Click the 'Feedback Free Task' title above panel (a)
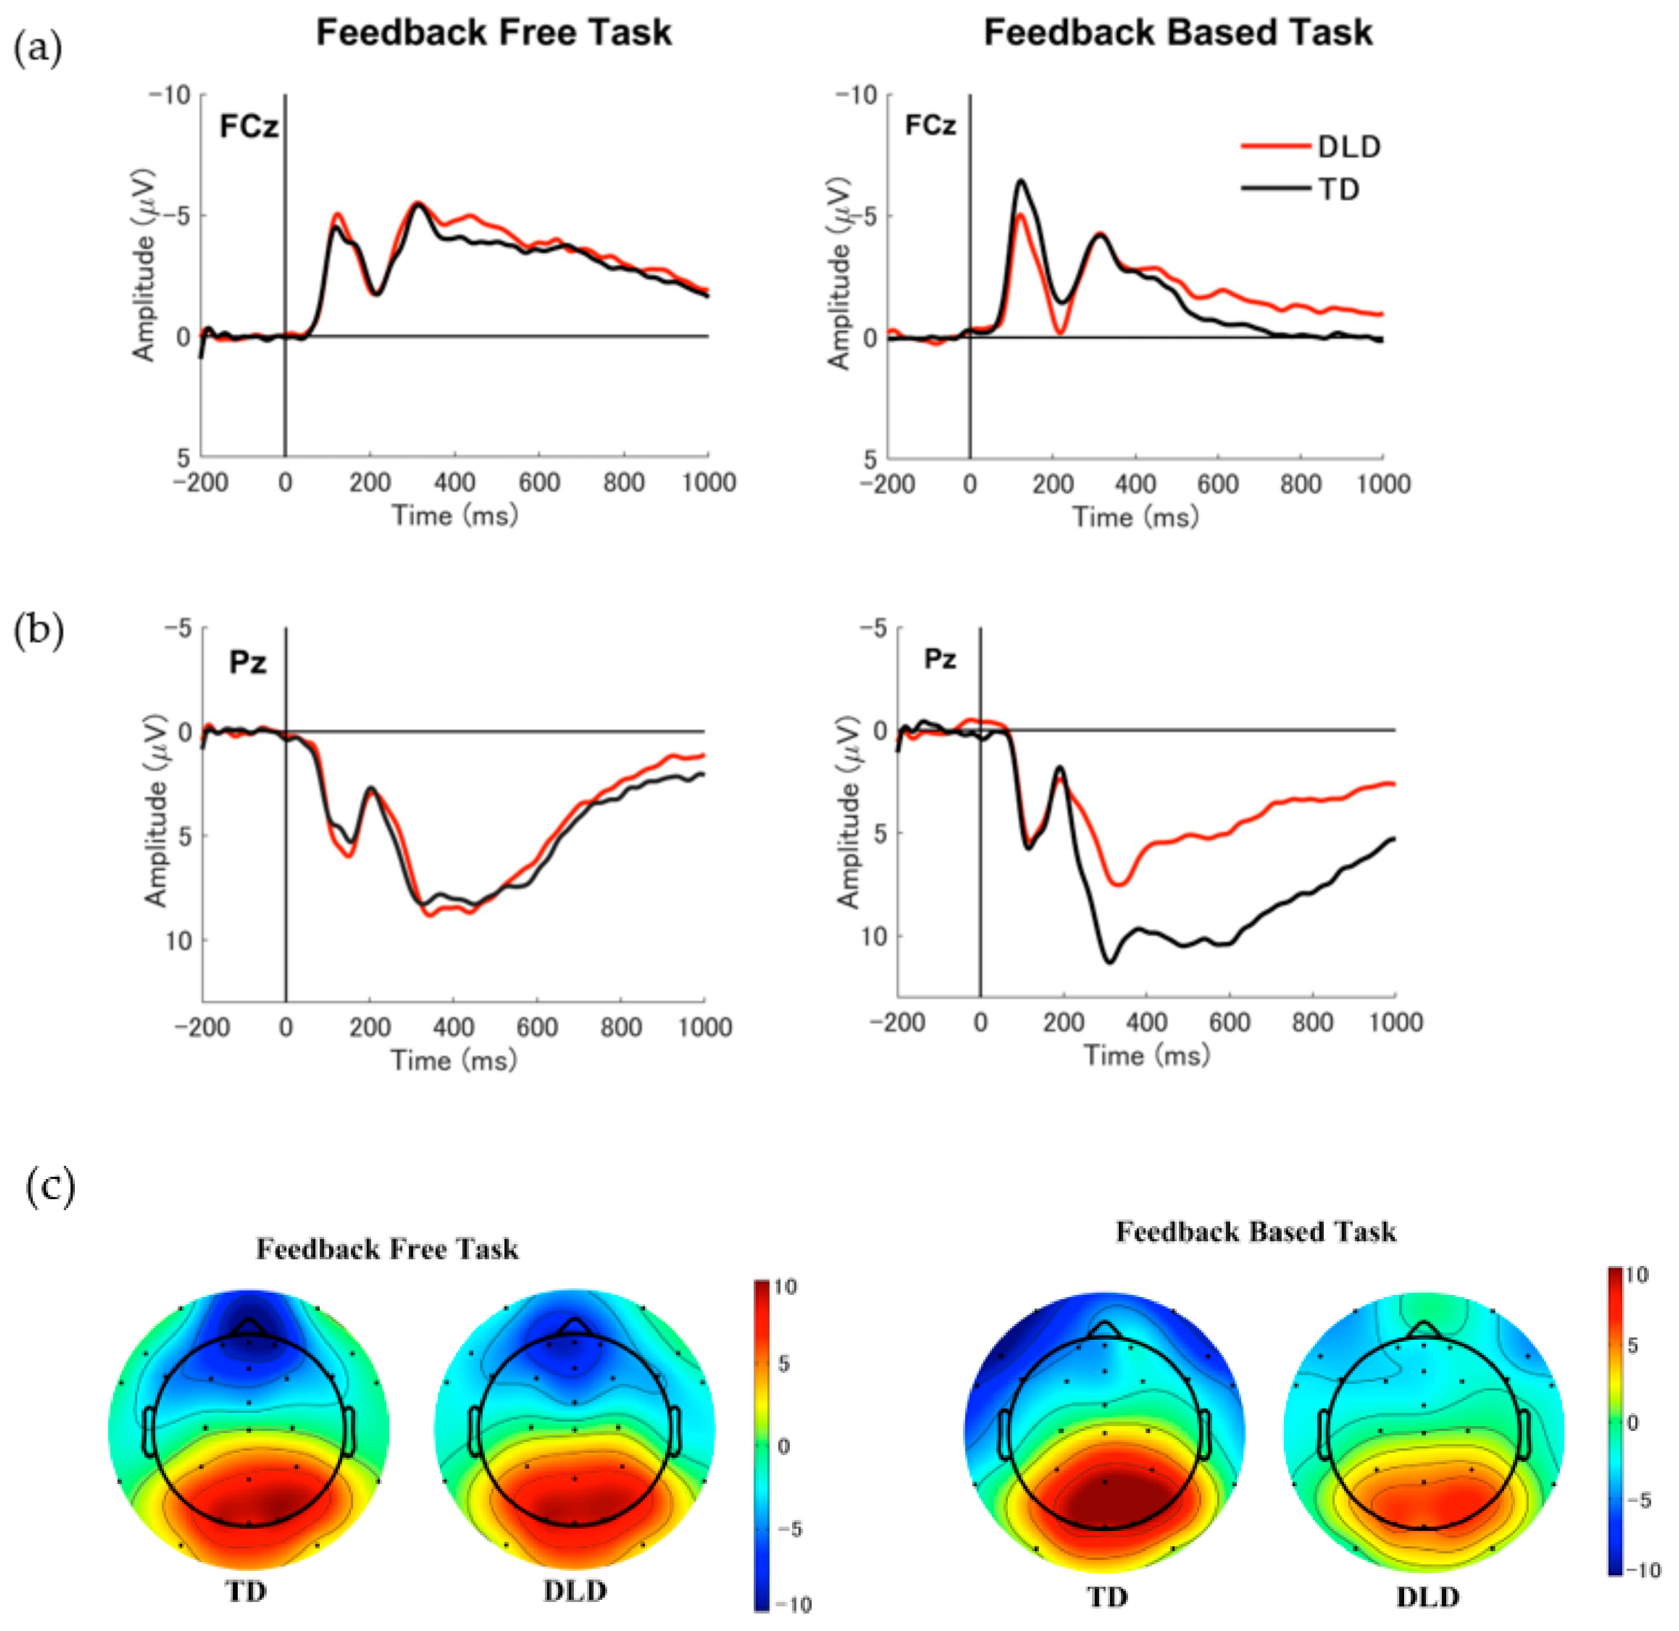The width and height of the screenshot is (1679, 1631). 494,33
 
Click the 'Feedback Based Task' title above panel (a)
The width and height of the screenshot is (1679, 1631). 1177,33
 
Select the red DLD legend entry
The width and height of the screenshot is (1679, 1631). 1311,148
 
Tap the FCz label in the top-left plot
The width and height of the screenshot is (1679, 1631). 249,127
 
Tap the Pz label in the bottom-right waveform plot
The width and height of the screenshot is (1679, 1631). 940,660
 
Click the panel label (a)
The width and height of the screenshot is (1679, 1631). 38,49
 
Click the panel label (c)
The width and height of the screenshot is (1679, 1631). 50,1187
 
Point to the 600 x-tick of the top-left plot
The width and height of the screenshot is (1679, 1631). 539,483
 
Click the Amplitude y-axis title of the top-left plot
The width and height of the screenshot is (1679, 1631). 144,266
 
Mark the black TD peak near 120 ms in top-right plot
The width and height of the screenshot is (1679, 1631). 1020,181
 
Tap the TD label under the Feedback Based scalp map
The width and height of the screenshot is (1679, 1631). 1107,1597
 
